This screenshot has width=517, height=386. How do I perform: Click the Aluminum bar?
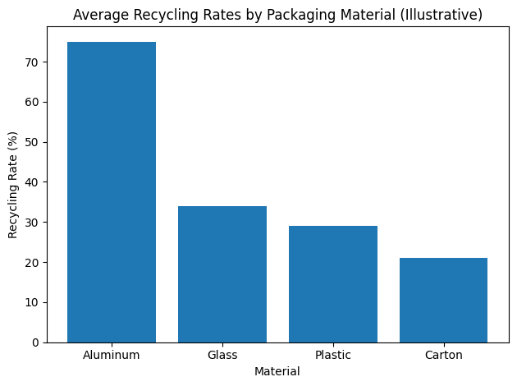[112, 192]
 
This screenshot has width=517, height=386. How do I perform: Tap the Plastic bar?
[333, 284]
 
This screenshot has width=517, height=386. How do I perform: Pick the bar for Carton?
[443, 300]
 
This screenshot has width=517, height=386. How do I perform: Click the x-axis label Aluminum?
[112, 356]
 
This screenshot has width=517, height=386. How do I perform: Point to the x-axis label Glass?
[222, 356]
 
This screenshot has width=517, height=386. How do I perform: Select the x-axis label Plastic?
[333, 356]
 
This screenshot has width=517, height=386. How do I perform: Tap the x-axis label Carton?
[443, 356]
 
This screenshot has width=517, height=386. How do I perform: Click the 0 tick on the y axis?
[36, 342]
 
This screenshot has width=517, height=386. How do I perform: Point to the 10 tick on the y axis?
[33, 302]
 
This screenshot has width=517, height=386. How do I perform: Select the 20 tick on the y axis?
[33, 263]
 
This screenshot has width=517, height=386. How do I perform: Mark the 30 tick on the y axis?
[33, 223]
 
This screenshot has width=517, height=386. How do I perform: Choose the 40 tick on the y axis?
[33, 182]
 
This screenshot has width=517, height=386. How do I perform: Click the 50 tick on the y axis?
[33, 142]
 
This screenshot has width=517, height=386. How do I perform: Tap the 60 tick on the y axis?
[33, 103]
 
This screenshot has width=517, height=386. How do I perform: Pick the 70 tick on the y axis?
[33, 62]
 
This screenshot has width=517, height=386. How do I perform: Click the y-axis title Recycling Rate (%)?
[13, 183]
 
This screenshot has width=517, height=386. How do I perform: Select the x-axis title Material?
[277, 371]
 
